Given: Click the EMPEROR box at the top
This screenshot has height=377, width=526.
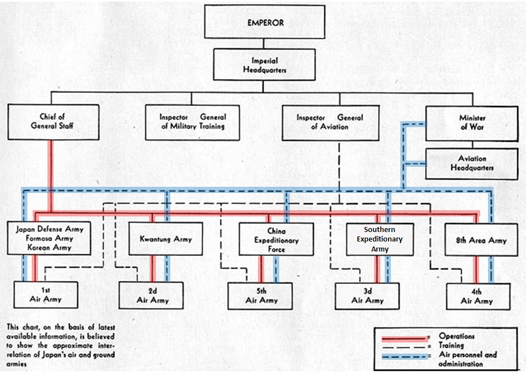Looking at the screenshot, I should (x=265, y=23).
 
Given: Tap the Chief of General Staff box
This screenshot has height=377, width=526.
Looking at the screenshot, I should (x=53, y=122).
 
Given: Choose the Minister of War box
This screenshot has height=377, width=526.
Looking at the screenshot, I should (x=472, y=122).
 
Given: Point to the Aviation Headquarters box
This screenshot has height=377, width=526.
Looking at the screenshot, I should (x=472, y=163).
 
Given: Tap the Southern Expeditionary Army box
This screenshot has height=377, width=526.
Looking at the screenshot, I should (x=380, y=239).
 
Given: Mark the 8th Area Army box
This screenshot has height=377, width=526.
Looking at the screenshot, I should (x=481, y=240).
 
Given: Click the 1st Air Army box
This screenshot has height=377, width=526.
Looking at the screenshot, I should (x=45, y=296).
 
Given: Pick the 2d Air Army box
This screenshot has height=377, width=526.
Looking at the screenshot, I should (x=152, y=296).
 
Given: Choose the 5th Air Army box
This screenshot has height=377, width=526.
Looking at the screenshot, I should (x=261, y=296).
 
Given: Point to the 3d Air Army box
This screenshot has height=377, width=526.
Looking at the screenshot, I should (x=367, y=296).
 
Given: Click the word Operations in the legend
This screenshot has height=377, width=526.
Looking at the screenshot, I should (x=456, y=336).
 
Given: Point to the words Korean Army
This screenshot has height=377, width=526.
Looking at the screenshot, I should (x=50, y=247).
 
